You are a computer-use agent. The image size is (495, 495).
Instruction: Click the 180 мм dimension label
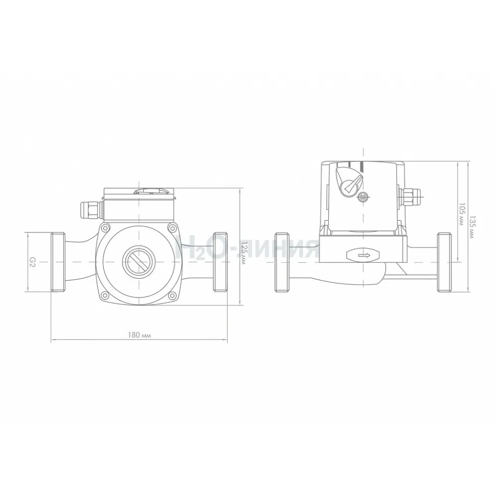point(139,335)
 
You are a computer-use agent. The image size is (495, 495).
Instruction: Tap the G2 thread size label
point(32,262)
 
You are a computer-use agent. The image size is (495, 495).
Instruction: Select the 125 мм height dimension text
point(243,253)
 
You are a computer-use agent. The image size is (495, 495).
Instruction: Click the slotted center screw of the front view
point(139,262)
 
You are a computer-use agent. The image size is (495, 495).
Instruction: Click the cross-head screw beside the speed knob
point(364,197)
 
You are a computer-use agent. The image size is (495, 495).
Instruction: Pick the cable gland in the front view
point(91,209)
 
